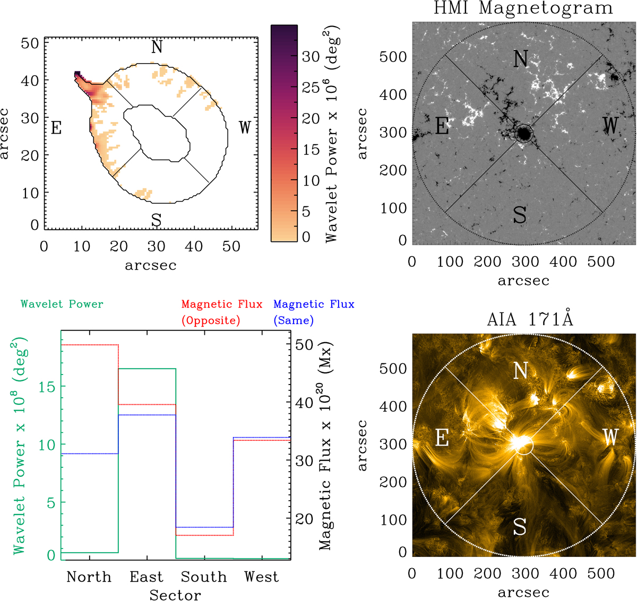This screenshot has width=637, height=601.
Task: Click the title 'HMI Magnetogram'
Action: click(x=523, y=8)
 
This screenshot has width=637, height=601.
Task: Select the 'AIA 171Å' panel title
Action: click(x=530, y=320)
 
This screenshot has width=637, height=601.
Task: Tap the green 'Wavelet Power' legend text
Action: click(x=62, y=304)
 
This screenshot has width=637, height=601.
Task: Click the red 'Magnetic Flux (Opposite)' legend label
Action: click(x=222, y=312)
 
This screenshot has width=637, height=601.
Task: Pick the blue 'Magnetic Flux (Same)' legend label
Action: click(x=314, y=312)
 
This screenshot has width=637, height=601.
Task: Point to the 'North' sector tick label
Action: click(x=89, y=577)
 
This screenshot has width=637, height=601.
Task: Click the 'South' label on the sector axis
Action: click(x=204, y=577)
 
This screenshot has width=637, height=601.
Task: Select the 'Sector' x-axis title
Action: click(x=175, y=595)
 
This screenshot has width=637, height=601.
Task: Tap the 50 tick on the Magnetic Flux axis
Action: click(x=304, y=344)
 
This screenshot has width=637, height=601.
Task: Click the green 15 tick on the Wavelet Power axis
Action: click(x=47, y=387)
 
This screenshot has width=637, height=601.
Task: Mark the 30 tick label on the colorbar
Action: click(x=311, y=57)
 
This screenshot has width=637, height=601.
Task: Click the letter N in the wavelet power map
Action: click(x=157, y=47)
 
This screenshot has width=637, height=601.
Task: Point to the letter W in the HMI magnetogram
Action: click(x=610, y=126)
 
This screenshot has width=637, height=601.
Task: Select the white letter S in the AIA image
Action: click(x=520, y=527)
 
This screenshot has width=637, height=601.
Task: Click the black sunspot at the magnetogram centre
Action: click(x=523, y=133)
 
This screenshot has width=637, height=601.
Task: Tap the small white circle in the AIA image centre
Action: click(x=525, y=446)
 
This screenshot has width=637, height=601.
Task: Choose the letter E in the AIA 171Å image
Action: click(x=442, y=438)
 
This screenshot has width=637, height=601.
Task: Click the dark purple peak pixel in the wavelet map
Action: click(x=77, y=74)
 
